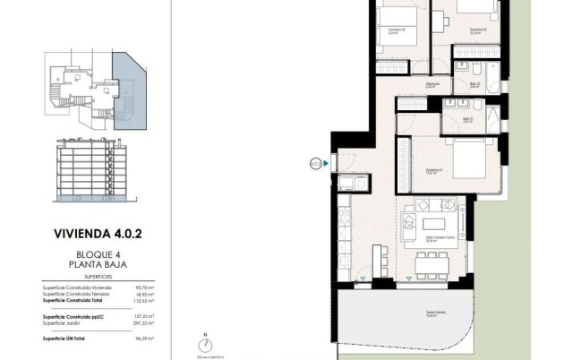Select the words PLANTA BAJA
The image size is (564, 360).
(x=98, y=266)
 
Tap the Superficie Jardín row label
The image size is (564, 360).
(x=64, y=322)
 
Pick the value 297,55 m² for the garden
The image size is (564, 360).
(x=144, y=322)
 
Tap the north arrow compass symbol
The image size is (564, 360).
(x=205, y=345)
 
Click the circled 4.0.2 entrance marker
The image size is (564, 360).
(x=315, y=164)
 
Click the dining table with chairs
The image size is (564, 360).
(x=433, y=261)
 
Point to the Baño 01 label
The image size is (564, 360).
(x=466, y=119)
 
